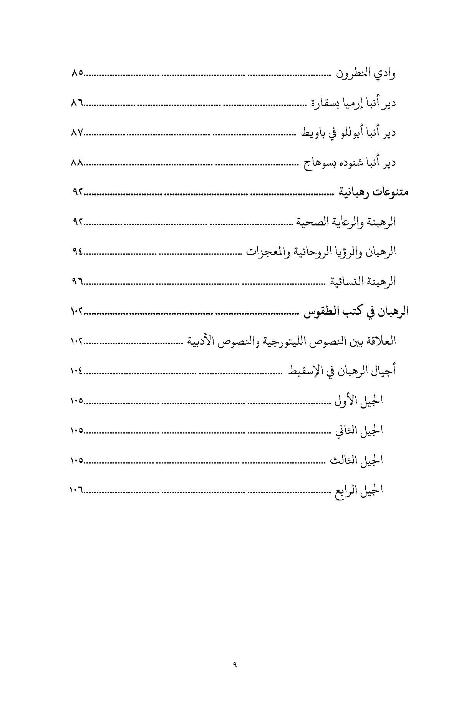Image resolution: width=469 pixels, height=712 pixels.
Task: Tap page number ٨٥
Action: (77, 73)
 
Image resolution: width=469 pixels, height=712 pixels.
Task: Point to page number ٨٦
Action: (77, 103)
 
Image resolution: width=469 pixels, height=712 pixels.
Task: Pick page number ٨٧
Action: (77, 133)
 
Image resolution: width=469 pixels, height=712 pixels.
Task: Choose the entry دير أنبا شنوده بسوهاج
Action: (350, 163)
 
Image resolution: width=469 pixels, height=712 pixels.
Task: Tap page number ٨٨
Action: (77, 163)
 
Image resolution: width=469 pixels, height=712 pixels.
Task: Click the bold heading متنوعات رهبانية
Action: (373, 192)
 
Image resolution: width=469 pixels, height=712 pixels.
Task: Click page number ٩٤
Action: (77, 252)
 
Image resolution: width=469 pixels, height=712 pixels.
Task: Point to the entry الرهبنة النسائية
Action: (363, 282)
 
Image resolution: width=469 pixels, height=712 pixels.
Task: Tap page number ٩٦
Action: (77, 282)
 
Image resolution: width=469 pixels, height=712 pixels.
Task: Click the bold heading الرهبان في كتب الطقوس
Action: (356, 312)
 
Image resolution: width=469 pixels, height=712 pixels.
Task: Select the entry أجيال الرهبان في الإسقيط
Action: (341, 371)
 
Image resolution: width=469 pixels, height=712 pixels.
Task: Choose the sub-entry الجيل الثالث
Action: (356, 460)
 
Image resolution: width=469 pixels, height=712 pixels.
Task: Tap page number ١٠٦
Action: (76, 490)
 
